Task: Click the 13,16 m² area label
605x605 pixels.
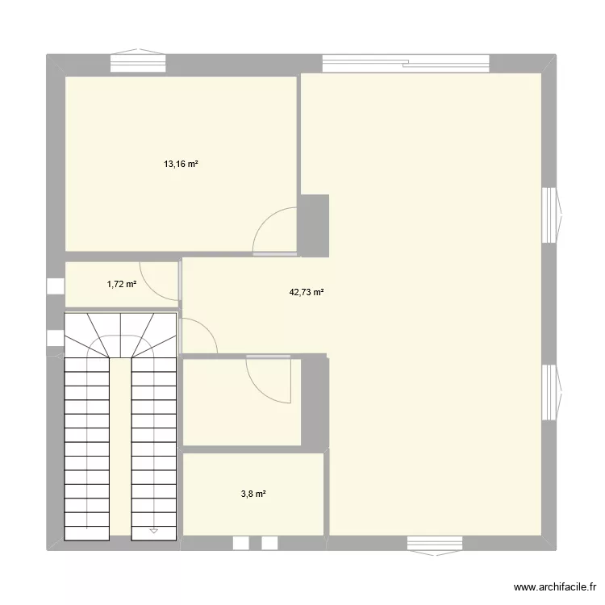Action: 181,164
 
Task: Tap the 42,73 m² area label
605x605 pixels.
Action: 307,293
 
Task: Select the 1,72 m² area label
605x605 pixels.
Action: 121,284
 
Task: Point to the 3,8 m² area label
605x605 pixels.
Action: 252,494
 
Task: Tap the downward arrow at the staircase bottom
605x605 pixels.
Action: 153,530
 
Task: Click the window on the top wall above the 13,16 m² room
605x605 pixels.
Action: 138,62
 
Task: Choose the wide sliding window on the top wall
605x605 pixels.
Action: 405,62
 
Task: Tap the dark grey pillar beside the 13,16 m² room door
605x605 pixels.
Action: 314,225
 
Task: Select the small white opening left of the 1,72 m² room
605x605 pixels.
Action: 55,286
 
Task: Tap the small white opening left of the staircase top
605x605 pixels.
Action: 55,340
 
